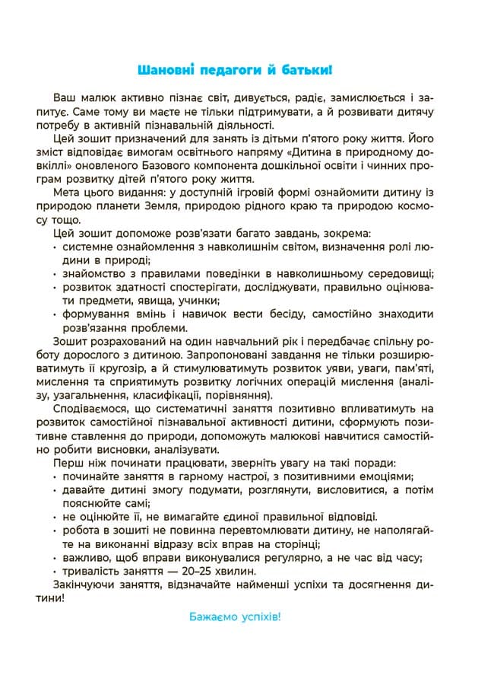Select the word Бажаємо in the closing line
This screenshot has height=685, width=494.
(x=211, y=616)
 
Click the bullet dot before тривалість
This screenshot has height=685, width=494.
(x=56, y=571)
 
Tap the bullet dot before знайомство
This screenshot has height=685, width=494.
(x=56, y=274)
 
